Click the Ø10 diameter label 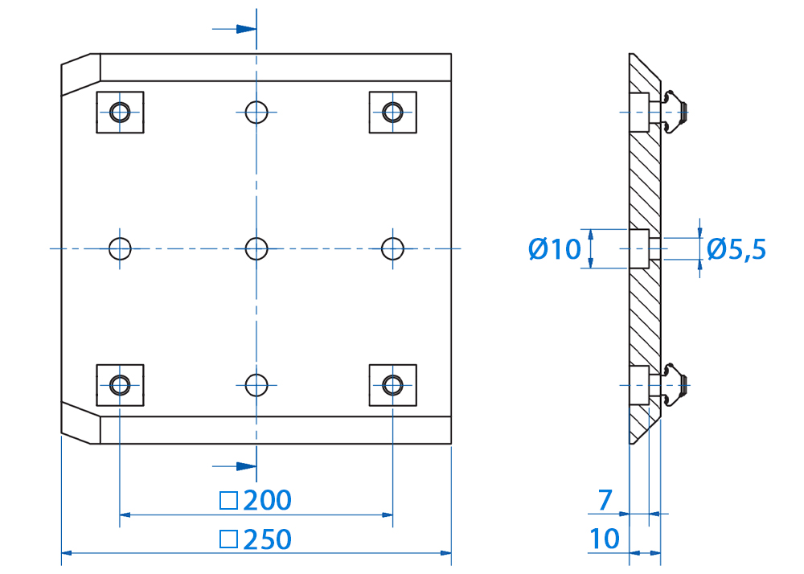(554, 249)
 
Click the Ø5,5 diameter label (736, 249)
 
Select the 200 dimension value (267, 500)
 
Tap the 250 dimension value (267, 539)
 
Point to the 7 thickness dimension (605, 500)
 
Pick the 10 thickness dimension (605, 539)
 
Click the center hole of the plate (256, 249)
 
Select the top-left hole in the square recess (120, 113)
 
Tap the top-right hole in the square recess (393, 113)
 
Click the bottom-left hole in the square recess (120, 385)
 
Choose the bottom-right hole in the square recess (393, 385)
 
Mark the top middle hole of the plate (256, 113)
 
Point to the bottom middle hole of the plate (256, 385)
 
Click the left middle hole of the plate (120, 249)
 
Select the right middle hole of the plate (393, 249)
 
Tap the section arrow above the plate (234, 29)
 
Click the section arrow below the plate (234, 466)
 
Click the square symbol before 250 (228, 539)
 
